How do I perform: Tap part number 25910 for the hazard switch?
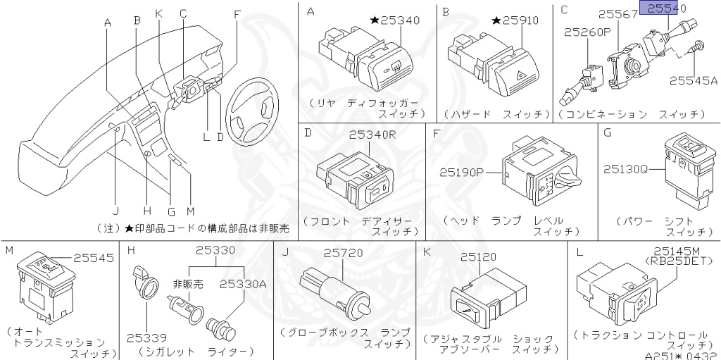pos(516,20)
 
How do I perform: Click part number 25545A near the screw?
pos(693,82)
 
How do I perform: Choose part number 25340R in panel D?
pos(373,134)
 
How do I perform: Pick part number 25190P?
pos(463,171)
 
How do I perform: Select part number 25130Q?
pos(627,168)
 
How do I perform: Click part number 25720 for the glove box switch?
pos(342,252)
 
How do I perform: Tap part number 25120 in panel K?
pos(479,259)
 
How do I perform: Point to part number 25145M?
pos(676,251)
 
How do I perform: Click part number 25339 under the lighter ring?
pos(146,337)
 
